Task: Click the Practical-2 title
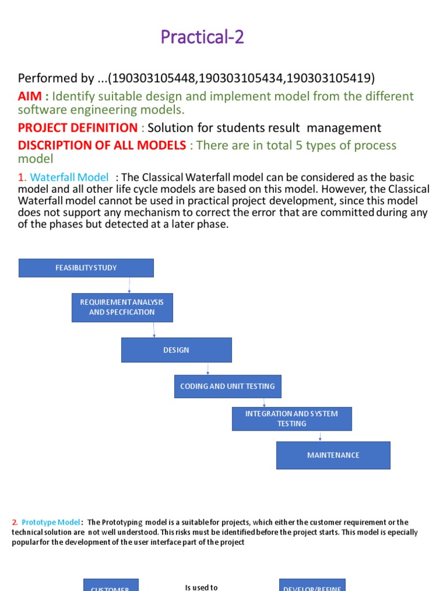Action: tap(202, 38)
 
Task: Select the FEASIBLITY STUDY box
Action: tap(87, 268)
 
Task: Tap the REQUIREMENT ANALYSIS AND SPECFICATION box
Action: tap(122, 307)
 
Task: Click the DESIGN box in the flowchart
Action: tap(176, 350)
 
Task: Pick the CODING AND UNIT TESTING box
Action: tap(228, 386)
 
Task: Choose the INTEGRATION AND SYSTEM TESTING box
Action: tap(292, 418)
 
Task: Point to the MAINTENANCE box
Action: tap(333, 455)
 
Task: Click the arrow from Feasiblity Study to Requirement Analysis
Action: tap(130, 285)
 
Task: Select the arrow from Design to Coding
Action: tap(208, 369)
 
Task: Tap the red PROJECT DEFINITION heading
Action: tap(78, 128)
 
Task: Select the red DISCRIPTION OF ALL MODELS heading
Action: tap(102, 145)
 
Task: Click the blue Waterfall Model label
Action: tap(69, 177)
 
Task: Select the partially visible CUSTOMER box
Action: tap(111, 586)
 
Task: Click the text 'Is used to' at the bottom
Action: tap(201, 587)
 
